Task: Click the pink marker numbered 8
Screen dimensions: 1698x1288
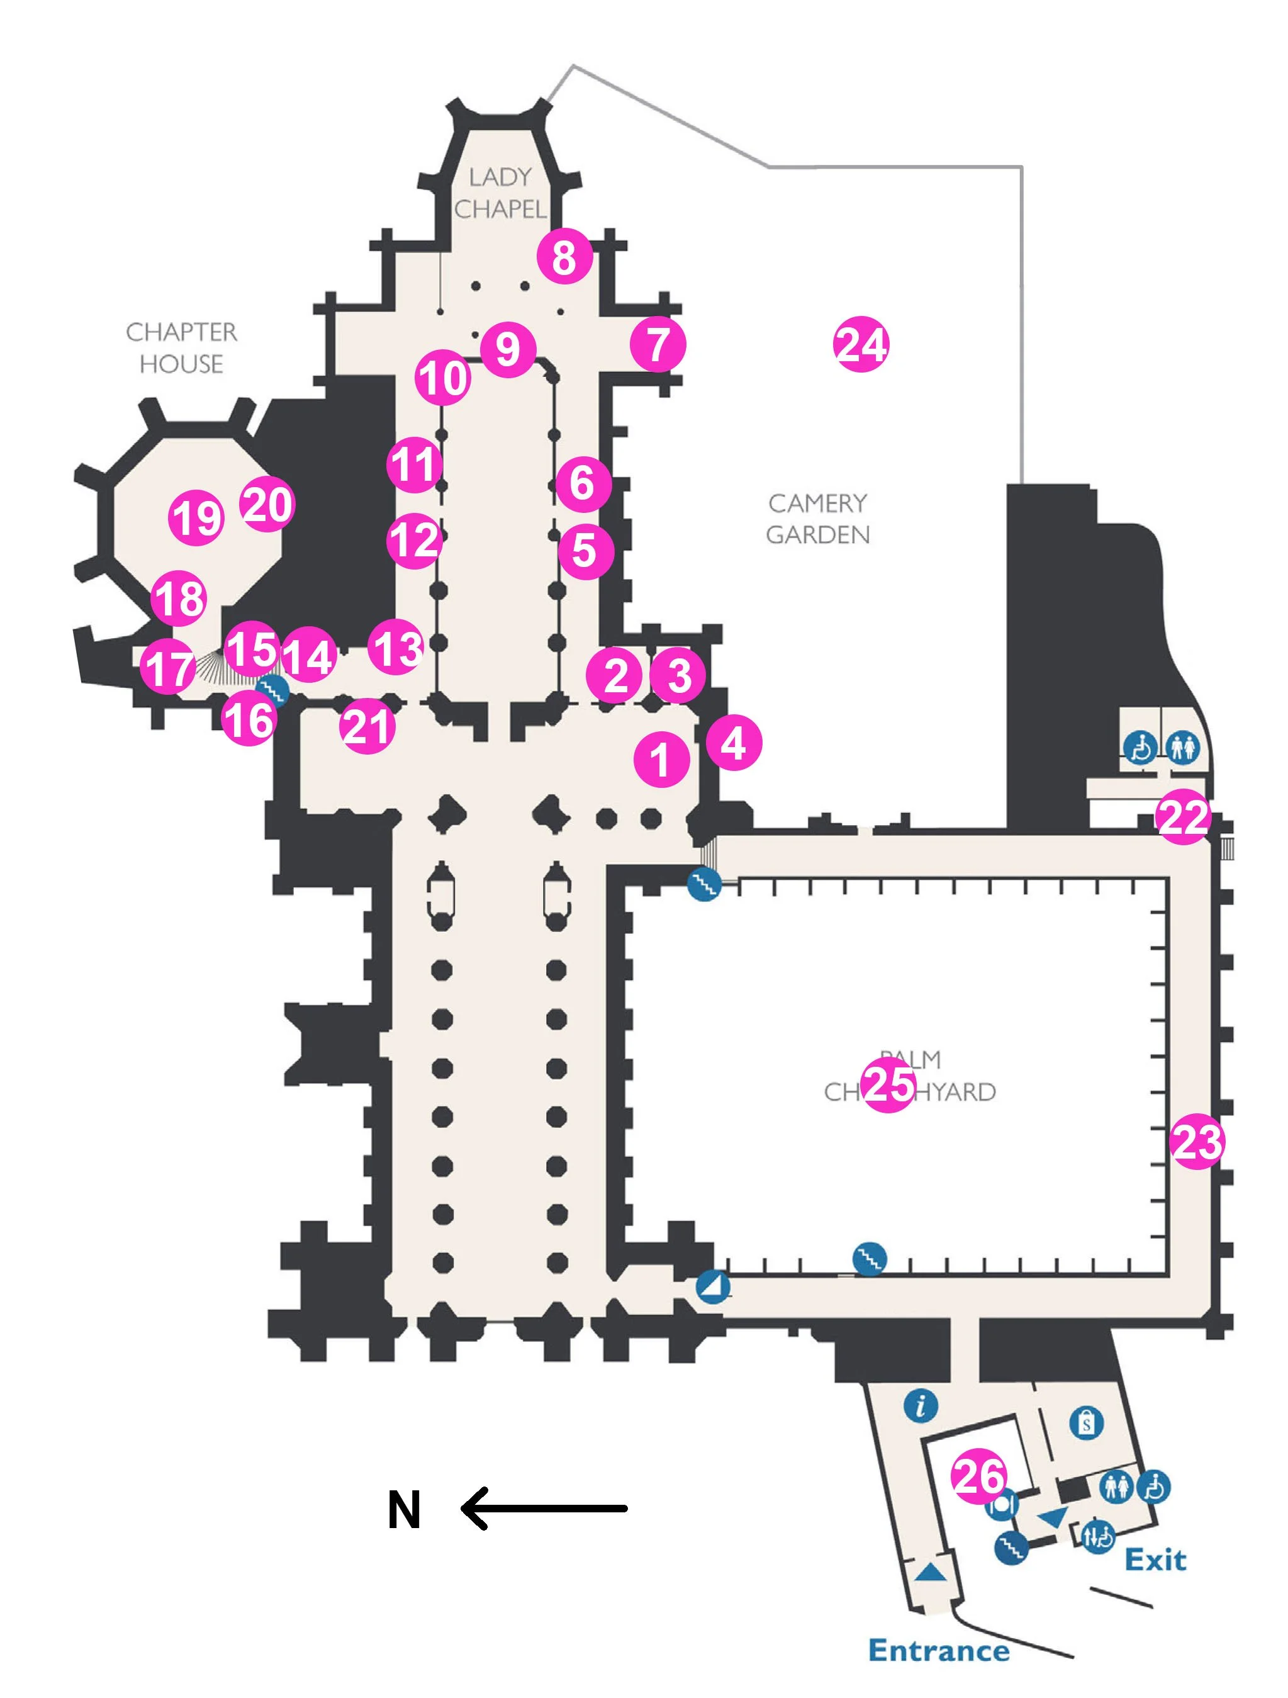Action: tap(564, 257)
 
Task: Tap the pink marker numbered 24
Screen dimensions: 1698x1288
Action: tap(861, 345)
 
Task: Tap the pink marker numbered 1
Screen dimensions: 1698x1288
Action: tap(661, 760)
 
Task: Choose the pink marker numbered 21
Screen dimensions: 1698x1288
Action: tap(367, 726)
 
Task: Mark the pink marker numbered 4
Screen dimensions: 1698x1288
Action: tap(734, 742)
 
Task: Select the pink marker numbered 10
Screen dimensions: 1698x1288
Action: tap(443, 378)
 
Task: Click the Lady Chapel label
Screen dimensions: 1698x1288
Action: tap(500, 193)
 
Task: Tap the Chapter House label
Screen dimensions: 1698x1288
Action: tap(182, 348)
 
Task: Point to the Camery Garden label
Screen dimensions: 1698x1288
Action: tap(818, 519)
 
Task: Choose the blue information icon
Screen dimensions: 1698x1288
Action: tap(921, 1405)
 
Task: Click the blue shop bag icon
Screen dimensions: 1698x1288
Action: tap(1086, 1423)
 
